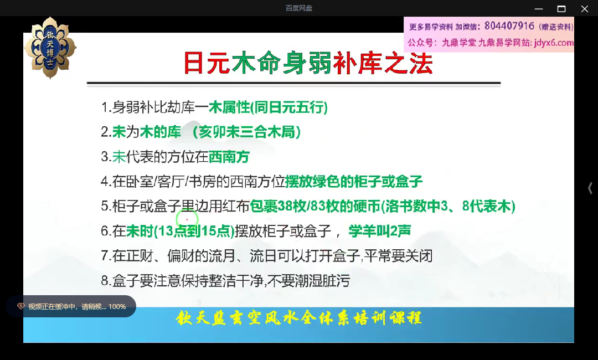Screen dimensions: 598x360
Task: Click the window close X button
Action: (584, 9)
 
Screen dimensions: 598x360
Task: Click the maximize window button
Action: (561, 9)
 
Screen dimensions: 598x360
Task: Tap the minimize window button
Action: (539, 9)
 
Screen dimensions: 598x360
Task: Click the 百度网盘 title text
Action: (299, 8)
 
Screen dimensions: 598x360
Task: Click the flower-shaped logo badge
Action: (50, 48)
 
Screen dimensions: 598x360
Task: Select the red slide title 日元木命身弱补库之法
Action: (308, 63)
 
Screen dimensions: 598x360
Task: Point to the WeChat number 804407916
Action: (509, 26)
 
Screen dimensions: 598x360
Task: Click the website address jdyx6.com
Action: (554, 42)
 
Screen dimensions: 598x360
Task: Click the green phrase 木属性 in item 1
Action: (229, 107)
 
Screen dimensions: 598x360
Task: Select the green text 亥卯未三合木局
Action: (246, 132)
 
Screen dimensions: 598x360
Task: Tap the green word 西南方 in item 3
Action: (229, 157)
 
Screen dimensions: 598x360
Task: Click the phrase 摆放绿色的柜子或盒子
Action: (353, 182)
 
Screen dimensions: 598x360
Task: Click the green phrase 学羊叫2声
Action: (379, 231)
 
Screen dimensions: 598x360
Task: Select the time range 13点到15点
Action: (194, 231)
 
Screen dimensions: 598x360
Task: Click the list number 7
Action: (105, 255)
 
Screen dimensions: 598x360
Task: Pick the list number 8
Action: (105, 281)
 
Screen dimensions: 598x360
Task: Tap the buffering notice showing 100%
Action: (71, 306)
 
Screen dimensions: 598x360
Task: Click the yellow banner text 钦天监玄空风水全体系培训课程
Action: (298, 318)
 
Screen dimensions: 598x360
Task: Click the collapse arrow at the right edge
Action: (590, 188)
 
